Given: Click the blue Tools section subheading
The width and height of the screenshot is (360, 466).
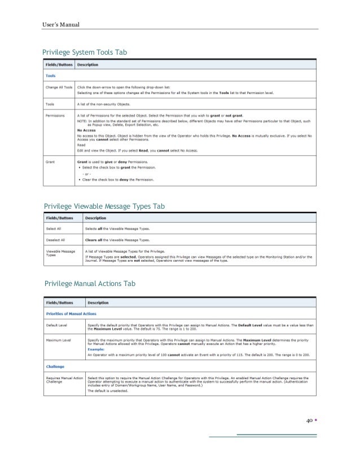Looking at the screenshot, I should click(51, 76).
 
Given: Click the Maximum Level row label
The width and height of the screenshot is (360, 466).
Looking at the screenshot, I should click(60, 340).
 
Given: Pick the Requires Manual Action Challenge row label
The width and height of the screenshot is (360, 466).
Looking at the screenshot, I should click(63, 379).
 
